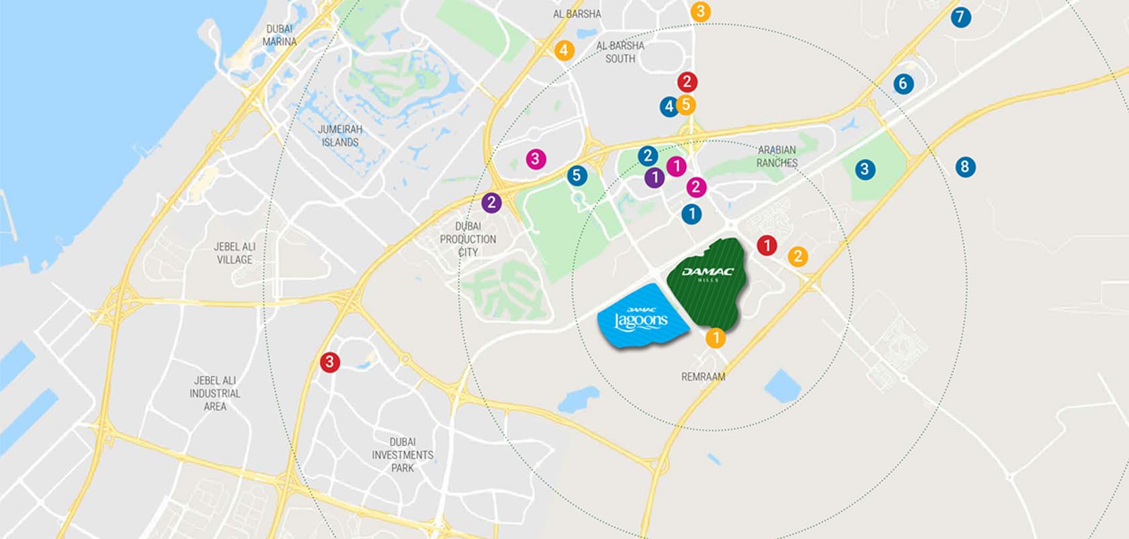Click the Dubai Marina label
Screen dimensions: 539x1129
(280, 35)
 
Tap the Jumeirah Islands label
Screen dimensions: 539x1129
(340, 136)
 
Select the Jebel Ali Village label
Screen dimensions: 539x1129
(235, 253)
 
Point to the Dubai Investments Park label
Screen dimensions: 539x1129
(403, 454)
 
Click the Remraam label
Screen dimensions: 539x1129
(703, 377)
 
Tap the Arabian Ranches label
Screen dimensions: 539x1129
(777, 156)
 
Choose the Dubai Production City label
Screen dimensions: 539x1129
(468, 239)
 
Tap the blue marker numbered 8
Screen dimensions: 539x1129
(964, 166)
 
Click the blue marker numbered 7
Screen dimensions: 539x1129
(960, 17)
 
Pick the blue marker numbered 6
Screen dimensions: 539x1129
(903, 84)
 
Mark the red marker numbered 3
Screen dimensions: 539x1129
(329, 362)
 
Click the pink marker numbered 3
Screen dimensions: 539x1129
(535, 159)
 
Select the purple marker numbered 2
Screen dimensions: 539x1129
(491, 202)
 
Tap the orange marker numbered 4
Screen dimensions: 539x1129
(564, 50)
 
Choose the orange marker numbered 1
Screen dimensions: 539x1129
(716, 338)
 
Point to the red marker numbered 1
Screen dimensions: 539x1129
(767, 246)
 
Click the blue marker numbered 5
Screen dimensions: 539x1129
(576, 176)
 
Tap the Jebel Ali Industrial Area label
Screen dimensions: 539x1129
(215, 393)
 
